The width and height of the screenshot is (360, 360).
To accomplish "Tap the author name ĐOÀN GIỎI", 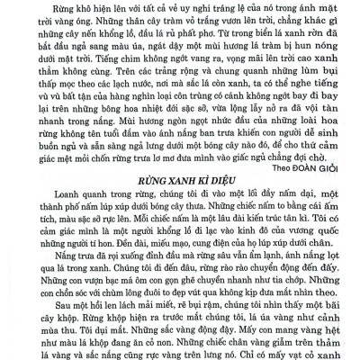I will (322, 165).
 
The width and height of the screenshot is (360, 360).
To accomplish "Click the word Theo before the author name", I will (284, 165).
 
